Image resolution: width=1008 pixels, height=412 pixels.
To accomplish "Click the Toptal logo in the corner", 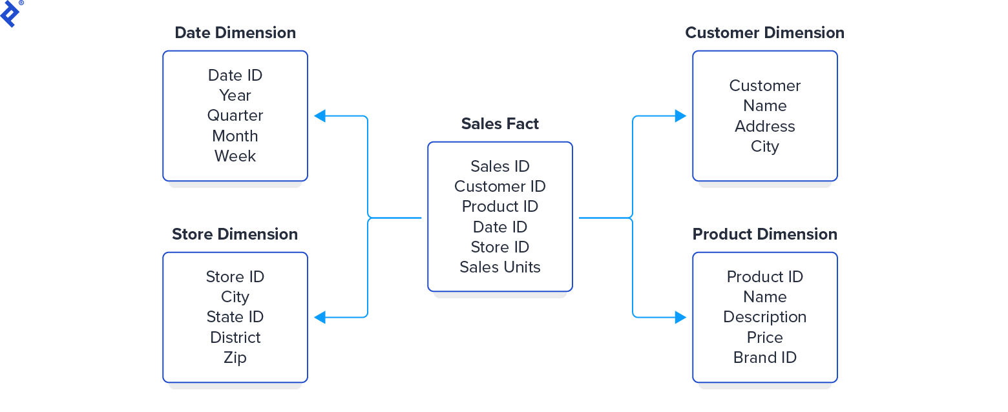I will pos(10,13).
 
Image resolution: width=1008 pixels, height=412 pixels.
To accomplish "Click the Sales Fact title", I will pos(499,124).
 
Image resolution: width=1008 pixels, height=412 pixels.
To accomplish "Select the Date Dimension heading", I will pos(235,33).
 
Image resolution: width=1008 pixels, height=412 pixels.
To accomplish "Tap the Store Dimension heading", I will pos(235,234).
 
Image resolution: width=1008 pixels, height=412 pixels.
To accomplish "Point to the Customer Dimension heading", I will pos(764,33).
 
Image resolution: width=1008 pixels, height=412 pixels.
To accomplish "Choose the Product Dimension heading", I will pos(764,234).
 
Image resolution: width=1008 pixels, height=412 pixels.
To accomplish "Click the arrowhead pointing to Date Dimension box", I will pos(320,116).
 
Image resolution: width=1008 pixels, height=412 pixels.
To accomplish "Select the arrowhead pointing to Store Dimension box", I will pos(320,317).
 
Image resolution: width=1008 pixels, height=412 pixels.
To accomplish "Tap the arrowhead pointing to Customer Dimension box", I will pos(680,116).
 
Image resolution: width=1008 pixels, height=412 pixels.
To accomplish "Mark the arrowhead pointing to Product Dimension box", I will pos(680,317).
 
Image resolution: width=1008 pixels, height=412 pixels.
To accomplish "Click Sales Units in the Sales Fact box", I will pos(499,267).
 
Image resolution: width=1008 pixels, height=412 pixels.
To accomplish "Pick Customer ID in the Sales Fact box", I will pos(499,187).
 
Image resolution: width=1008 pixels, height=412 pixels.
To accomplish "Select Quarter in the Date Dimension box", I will pos(235,116).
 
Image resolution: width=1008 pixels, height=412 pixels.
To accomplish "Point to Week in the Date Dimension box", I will pos(235,156).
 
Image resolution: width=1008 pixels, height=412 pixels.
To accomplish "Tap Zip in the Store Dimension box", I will pos(235,358).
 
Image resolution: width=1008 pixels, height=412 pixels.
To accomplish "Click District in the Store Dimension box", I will pos(235,338).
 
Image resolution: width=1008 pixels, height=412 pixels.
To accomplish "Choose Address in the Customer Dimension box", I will pos(764,127).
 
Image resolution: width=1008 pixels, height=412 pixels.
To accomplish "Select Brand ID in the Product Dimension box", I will pos(764,358).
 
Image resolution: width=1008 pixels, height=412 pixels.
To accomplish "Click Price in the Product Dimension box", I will pos(764,338).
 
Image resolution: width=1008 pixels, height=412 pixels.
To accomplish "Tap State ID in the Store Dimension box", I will pos(235,317).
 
